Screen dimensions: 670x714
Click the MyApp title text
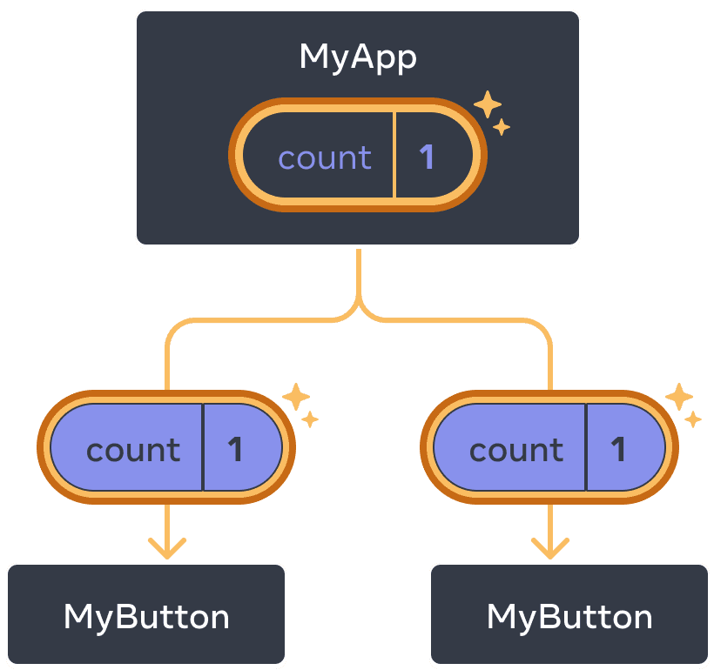358,57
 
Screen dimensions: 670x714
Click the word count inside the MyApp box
325,157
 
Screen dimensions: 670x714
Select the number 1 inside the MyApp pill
427,157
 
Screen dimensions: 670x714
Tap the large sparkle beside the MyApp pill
488,105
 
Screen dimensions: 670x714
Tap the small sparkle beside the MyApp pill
502,128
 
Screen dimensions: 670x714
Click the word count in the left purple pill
133,450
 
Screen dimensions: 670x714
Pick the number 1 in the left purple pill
235,449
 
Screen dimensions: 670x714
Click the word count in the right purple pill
516,450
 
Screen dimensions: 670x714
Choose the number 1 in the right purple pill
618,449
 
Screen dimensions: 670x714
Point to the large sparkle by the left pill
296,398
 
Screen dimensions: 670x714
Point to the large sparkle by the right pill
679,398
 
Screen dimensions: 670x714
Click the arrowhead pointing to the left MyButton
167,548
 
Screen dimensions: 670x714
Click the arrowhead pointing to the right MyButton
550,548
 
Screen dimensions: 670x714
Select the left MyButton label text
146,617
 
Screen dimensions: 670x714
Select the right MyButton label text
569,617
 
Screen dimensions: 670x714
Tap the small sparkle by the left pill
310,420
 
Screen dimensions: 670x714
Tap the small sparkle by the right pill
693,420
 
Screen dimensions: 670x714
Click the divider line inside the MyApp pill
394,157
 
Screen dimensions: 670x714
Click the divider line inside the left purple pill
203,447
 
